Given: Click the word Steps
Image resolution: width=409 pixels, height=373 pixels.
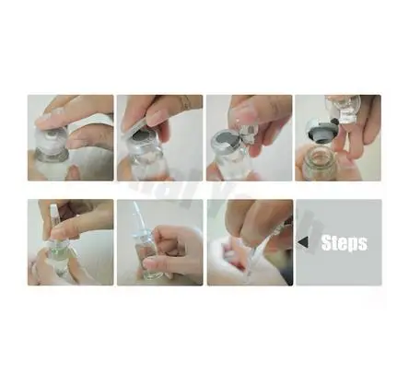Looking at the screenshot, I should coord(345,243).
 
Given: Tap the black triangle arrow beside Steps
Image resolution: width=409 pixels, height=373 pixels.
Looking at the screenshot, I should coord(312,243).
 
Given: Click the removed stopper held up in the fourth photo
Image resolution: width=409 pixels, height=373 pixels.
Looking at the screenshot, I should coord(342,109).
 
